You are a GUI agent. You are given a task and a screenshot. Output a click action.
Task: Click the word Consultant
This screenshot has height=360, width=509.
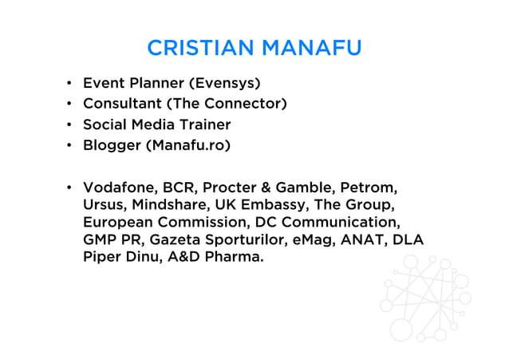[x=120, y=103]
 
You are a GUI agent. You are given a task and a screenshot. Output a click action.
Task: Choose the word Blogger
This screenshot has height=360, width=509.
[x=111, y=145]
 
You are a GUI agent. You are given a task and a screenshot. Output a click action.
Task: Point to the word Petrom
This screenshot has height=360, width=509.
[x=368, y=188]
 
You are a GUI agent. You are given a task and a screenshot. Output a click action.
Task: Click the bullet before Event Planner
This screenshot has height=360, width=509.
[x=69, y=82]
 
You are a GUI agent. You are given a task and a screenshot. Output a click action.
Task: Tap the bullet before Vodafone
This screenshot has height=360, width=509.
[x=69, y=188]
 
